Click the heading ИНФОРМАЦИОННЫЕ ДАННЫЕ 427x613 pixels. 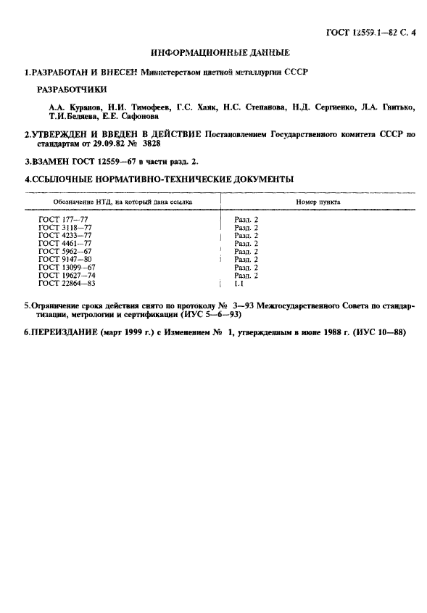pos(220,53)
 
